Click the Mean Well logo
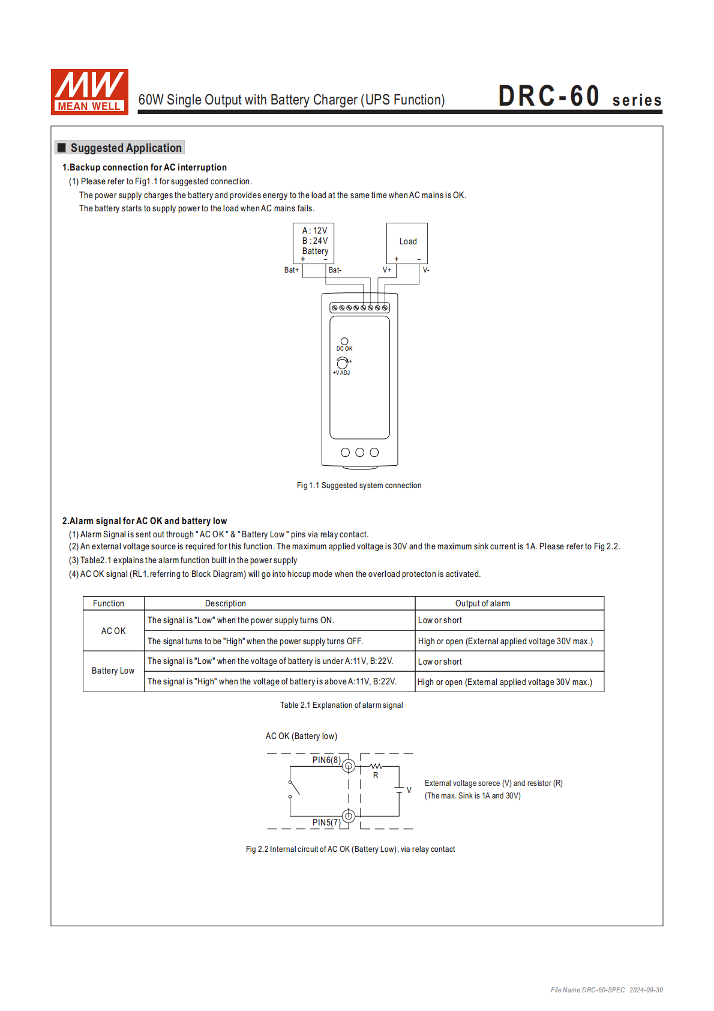pyautogui.click(x=89, y=92)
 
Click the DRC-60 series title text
pyautogui.click(x=580, y=97)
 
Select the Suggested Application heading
pyautogui.click(x=125, y=148)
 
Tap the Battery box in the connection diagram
pyautogui.click(x=314, y=243)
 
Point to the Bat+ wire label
pyautogui.click(x=292, y=270)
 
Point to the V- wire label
pyautogui.click(x=426, y=270)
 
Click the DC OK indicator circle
pyautogui.click(x=344, y=342)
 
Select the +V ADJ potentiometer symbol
pyautogui.click(x=342, y=363)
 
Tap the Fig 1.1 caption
pyautogui.click(x=359, y=485)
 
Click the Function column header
pyautogui.click(x=109, y=603)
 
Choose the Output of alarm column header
pyautogui.click(x=482, y=603)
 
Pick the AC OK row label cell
pyautogui.click(x=113, y=631)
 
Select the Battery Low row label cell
pyautogui.click(x=113, y=671)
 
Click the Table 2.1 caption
pyautogui.click(x=341, y=705)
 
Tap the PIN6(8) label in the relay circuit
pyautogui.click(x=326, y=760)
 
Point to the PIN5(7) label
pyautogui.click(x=326, y=822)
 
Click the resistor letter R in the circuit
pyautogui.click(x=376, y=776)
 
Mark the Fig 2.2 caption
pyautogui.click(x=350, y=849)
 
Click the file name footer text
pyautogui.click(x=607, y=990)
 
